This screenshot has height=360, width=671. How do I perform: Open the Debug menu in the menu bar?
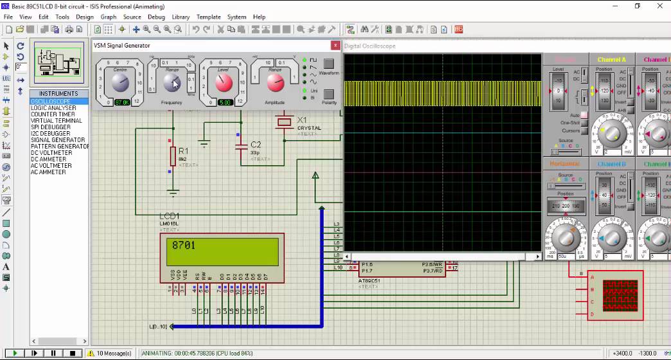pos(156,17)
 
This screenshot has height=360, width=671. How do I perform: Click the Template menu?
pos(208,17)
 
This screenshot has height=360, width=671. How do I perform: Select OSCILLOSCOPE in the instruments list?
pos(51,102)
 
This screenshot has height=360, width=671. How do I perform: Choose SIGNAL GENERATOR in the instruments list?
pos(58,140)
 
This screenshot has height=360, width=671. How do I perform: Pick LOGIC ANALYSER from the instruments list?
pos(53,108)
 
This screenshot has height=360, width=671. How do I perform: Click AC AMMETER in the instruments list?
pos(48,172)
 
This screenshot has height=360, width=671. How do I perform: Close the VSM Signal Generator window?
pos(335,46)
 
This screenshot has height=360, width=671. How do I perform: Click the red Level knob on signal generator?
pos(223,82)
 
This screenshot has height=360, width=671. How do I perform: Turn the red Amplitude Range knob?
pos(274,82)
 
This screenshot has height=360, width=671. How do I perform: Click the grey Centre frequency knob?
pos(120,82)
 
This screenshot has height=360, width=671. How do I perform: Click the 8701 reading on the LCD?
pos(184,245)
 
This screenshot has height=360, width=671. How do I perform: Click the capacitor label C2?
pos(256,145)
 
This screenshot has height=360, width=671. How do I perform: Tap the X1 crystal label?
pos(301,120)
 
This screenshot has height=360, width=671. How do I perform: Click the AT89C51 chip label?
pos(369,281)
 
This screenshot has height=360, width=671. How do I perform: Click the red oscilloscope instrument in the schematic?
pos(620,295)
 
